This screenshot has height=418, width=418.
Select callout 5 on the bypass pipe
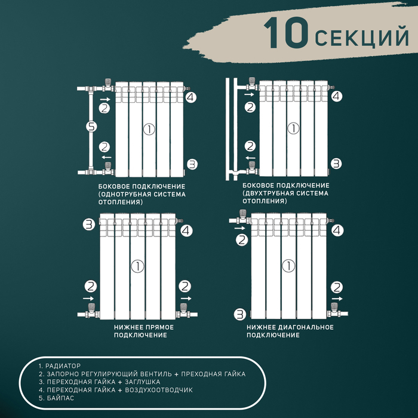click(x=91, y=127)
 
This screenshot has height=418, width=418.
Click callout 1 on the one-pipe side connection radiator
click(x=148, y=128)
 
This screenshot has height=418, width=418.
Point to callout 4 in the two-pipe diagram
click(x=337, y=96)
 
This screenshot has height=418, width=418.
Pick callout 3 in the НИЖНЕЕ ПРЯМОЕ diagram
click(x=89, y=225)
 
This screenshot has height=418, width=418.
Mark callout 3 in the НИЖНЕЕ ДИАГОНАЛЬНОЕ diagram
click(x=239, y=313)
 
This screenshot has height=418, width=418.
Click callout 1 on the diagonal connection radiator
click(x=288, y=266)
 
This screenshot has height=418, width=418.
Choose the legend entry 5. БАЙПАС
click(x=56, y=398)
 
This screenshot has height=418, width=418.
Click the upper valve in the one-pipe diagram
click(x=107, y=86)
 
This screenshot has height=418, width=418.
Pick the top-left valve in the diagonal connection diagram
click(x=243, y=216)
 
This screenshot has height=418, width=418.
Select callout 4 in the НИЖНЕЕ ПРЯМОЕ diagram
click(x=186, y=230)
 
